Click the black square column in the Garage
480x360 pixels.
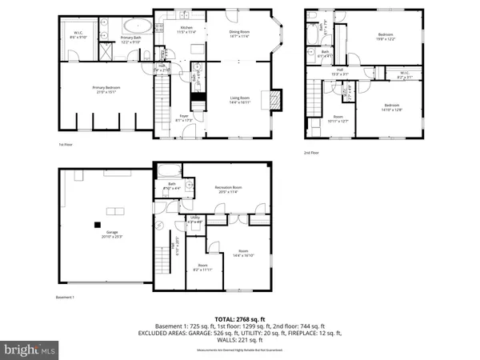click(x=97, y=225)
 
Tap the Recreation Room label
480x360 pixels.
click(x=229, y=190)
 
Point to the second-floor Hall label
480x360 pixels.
click(x=338, y=74)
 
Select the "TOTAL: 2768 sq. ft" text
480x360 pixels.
click(x=240, y=319)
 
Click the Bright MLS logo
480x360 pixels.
click(x=30, y=349)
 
